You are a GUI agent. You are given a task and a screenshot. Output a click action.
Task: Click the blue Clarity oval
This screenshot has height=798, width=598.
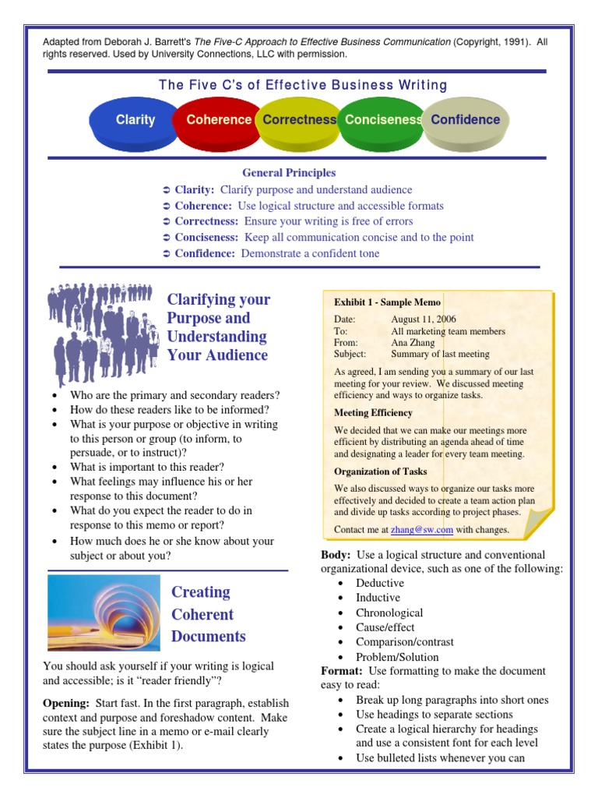click(x=135, y=121)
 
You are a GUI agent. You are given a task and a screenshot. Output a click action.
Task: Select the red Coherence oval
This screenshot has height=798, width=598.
click(x=218, y=121)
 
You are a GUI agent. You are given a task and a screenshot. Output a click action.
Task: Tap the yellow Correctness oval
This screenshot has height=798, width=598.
click(x=299, y=121)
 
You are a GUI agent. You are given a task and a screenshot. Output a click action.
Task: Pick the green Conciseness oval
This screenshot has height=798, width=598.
click(x=382, y=121)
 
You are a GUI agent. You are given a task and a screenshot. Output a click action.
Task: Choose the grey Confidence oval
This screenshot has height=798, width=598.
click(x=466, y=121)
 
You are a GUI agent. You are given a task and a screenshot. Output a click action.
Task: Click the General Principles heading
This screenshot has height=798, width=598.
click(x=289, y=173)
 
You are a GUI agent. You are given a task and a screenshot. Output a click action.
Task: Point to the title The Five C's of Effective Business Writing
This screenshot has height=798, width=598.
click(x=303, y=85)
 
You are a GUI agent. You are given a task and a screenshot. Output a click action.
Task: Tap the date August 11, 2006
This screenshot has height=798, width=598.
click(x=424, y=320)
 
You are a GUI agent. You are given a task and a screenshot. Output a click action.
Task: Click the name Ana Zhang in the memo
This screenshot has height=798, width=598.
click(x=412, y=342)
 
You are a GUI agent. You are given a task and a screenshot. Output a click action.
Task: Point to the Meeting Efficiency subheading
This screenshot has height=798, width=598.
click(x=373, y=413)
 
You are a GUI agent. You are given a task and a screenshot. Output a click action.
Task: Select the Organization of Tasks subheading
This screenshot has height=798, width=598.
click(x=382, y=471)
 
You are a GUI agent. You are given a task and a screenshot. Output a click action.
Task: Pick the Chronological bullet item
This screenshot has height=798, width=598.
click(x=389, y=613)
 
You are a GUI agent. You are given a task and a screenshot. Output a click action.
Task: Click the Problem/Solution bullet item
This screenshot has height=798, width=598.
click(x=397, y=657)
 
